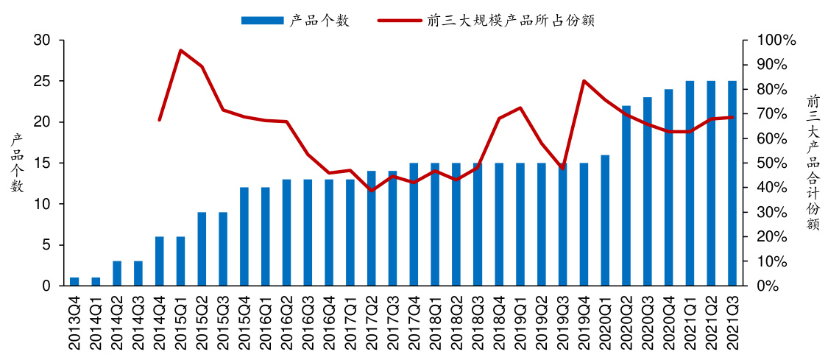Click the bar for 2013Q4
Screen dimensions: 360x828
74,281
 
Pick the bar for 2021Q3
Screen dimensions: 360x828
732,183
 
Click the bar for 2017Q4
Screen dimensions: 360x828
414,225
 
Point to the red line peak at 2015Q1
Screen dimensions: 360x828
180,50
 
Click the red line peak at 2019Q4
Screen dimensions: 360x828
584,80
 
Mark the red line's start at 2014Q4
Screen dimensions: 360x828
160,119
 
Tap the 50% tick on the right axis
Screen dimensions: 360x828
775,163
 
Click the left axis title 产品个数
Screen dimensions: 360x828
16,163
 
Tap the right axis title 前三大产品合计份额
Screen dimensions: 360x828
813,163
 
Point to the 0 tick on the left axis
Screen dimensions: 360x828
46,286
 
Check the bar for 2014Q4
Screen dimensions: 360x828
160,261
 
